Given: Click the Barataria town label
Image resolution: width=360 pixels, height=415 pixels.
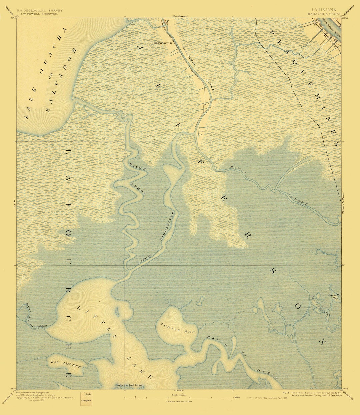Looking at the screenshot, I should tap(161, 43).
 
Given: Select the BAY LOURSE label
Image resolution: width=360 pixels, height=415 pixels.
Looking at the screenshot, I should tap(66, 364).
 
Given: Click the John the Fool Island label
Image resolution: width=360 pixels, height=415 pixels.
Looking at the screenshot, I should tap(130, 385).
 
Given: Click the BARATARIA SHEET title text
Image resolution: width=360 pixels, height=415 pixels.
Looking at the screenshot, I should tap(324, 14).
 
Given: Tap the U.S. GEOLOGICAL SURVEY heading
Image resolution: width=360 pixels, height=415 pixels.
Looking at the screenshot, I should tap(40, 10).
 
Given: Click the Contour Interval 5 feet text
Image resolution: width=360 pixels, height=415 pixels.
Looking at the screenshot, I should tap(179, 402).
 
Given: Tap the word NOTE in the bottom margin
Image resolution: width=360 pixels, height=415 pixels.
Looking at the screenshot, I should tap(286, 393).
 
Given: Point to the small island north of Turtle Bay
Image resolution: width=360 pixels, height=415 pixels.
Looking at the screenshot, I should tap(200, 302).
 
